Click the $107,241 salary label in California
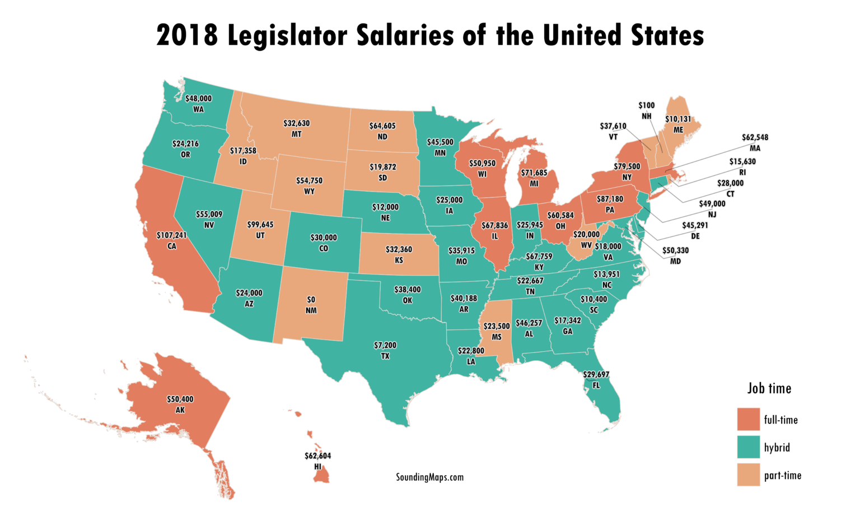click(x=171, y=235)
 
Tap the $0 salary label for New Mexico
click(x=311, y=300)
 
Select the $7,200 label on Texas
click(x=385, y=346)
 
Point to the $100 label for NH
click(x=646, y=105)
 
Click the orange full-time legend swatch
click(x=748, y=420)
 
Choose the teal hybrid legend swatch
click(x=748, y=447)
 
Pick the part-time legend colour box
click(x=748, y=475)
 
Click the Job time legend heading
click(x=769, y=388)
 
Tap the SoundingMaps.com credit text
click(x=429, y=477)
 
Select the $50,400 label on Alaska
click(x=180, y=399)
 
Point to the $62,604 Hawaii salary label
click(x=317, y=456)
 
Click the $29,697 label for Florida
click(x=596, y=374)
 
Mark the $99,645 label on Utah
click(x=260, y=225)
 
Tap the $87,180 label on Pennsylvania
click(x=610, y=199)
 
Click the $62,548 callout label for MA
click(x=755, y=137)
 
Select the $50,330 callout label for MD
click(x=675, y=250)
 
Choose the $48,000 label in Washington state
click(x=198, y=99)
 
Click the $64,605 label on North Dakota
click(x=382, y=126)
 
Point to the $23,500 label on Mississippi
click(x=497, y=326)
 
